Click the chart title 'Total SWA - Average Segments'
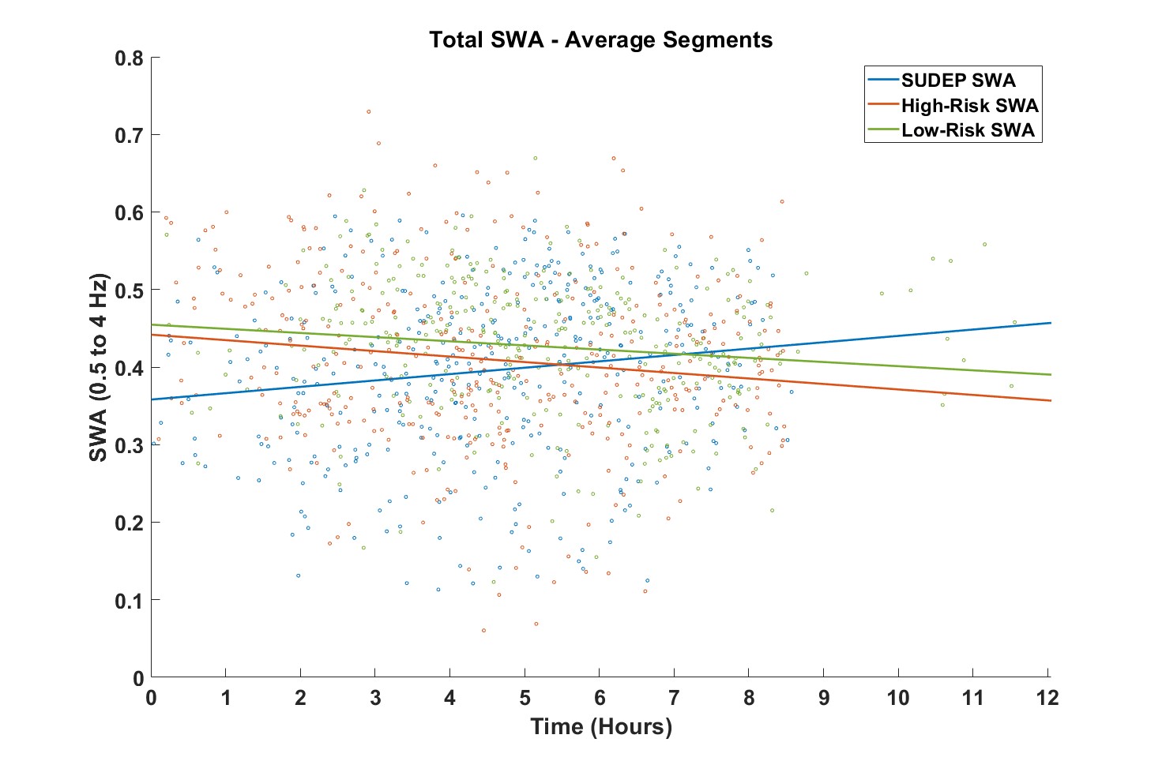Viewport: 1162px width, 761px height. tap(600, 39)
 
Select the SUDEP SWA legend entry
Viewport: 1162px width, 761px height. tap(958, 81)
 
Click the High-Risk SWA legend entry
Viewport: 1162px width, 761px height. tap(969, 106)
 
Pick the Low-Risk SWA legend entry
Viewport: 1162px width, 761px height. tap(968, 130)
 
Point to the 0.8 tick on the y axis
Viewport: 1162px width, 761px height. tap(129, 58)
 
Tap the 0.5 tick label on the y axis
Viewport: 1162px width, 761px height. tap(129, 291)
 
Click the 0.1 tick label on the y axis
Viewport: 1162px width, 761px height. tap(129, 601)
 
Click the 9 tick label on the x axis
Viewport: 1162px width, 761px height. tap(824, 699)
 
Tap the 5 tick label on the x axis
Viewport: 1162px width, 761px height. tap(525, 699)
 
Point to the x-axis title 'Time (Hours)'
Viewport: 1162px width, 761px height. tap(600, 726)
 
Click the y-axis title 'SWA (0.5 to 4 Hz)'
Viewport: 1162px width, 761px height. tap(98, 368)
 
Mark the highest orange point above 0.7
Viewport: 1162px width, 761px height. tap(368, 112)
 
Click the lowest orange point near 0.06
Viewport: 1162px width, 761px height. tap(483, 631)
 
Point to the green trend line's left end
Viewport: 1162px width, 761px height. tap(152, 324)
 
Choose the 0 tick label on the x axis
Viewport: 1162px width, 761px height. tap(151, 699)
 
